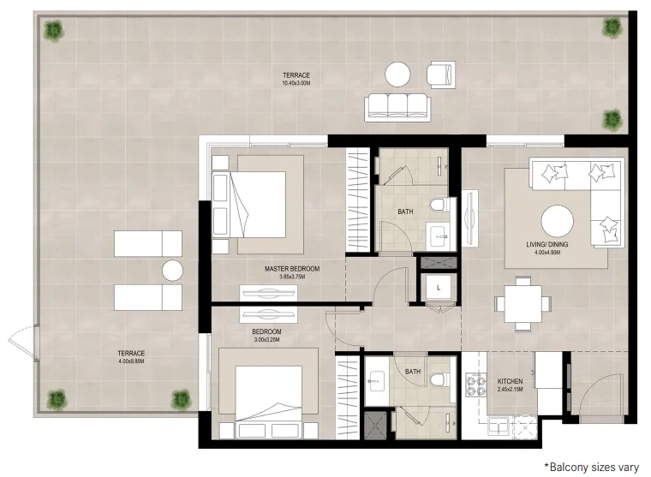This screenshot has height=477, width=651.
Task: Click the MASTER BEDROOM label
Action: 292,269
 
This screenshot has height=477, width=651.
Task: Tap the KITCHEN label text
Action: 510,381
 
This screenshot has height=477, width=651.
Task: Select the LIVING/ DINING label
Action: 547,245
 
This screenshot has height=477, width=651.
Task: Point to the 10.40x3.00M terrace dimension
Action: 296,83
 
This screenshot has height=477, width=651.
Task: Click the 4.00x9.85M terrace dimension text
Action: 131,361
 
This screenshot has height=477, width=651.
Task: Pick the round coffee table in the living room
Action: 557,222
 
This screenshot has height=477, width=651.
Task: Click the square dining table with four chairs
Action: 523,303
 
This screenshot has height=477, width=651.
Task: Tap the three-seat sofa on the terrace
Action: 397,108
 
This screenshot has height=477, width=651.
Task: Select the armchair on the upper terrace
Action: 441,75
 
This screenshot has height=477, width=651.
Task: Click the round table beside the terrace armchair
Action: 397,75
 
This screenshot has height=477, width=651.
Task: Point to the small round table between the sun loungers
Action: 172,271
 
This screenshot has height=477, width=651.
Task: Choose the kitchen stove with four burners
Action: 475,385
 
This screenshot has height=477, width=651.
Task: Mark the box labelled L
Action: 439,287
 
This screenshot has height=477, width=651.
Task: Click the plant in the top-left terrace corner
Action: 54,31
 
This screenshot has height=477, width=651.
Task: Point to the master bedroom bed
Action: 258,205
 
